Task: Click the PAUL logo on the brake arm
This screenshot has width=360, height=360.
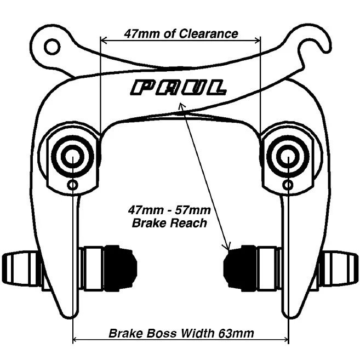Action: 179,88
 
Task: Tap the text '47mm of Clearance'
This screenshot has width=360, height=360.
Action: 181,34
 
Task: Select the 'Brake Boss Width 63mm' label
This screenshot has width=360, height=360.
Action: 180,333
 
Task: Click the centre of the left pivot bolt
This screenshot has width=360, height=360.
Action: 72,156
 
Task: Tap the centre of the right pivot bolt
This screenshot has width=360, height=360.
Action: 288,156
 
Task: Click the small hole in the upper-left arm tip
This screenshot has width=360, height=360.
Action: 53,47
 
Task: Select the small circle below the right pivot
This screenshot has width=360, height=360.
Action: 288,185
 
